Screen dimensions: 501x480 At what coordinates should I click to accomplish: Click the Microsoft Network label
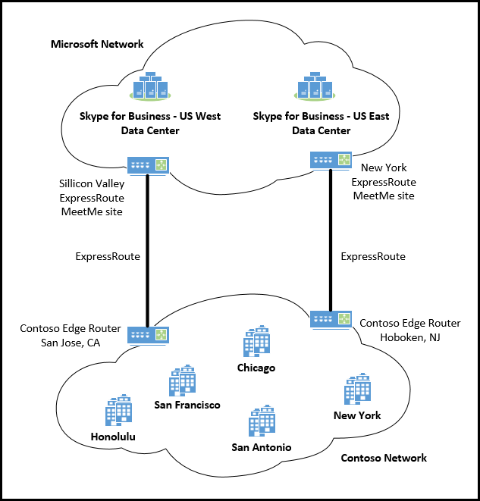(x=97, y=44)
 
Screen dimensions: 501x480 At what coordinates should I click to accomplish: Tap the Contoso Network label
(x=384, y=458)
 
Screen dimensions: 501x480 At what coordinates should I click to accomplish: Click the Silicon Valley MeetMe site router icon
(x=149, y=165)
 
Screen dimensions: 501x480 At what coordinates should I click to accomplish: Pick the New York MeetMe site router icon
(x=331, y=159)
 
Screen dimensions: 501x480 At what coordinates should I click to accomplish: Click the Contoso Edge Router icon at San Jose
(x=149, y=334)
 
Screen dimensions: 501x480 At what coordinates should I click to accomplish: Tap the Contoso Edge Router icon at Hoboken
(x=331, y=319)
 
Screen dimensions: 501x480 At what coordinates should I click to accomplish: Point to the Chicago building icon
(x=256, y=341)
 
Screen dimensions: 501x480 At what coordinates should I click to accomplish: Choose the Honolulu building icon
(x=118, y=410)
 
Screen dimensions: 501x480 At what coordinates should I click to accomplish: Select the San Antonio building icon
(x=262, y=421)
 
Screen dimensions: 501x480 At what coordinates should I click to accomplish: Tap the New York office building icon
(x=357, y=389)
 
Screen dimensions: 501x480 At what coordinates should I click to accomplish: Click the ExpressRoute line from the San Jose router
(x=149, y=250)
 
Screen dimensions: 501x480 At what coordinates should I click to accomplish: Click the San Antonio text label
(x=261, y=447)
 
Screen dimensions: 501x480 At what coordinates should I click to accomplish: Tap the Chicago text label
(x=256, y=368)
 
